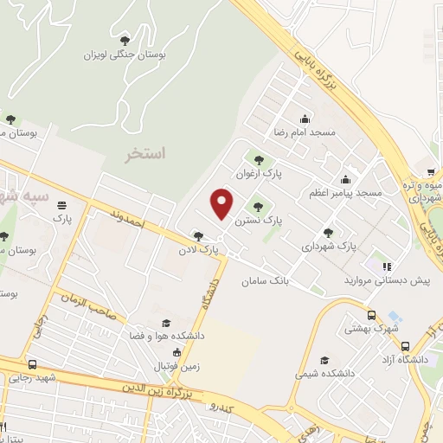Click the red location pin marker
[x=222, y=203]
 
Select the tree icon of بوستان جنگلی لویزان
[x=125, y=40]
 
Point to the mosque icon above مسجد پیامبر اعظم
[x=346, y=179]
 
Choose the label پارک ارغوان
[x=260, y=173]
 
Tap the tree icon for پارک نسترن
[x=257, y=206]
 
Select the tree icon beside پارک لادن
[x=199, y=236]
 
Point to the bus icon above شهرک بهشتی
[x=372, y=316]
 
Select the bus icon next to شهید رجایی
[x=33, y=364]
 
